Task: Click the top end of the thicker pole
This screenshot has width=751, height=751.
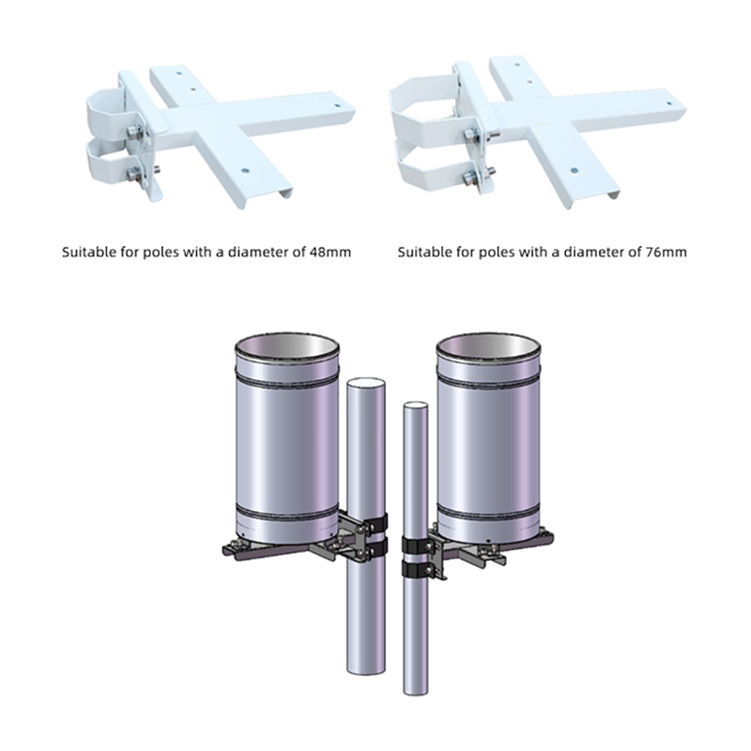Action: coord(365,383)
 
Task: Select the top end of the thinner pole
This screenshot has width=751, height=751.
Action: coord(415,407)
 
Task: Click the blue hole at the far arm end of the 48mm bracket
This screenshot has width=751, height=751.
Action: coord(338,106)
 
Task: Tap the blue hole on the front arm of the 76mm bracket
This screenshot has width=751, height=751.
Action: coord(574,170)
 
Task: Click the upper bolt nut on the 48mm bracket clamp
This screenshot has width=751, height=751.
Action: coord(134,130)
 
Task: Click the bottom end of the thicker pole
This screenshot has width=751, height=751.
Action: coord(365,669)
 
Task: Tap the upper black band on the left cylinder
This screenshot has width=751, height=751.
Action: coord(287,380)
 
